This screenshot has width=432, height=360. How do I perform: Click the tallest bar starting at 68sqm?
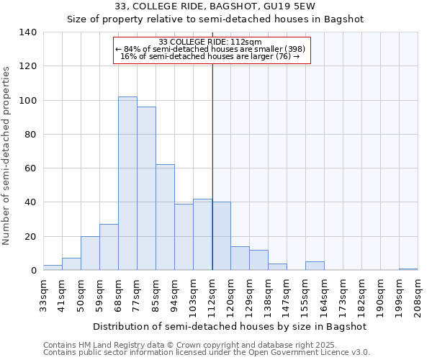(127, 184)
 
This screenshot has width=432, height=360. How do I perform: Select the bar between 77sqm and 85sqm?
(146, 189)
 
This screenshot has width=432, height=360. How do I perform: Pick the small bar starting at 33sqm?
(53, 268)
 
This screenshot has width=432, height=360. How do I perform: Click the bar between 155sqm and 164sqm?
(315, 266)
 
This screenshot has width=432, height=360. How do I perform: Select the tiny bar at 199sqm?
(408, 269)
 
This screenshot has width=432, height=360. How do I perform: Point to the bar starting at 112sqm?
(221, 236)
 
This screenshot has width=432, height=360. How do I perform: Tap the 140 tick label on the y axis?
(27, 32)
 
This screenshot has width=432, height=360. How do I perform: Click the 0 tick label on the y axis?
(32, 271)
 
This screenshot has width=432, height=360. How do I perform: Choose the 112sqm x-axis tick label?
(212, 294)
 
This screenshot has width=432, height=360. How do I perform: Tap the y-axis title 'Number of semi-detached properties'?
(7, 155)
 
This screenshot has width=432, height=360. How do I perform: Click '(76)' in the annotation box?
(282, 56)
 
